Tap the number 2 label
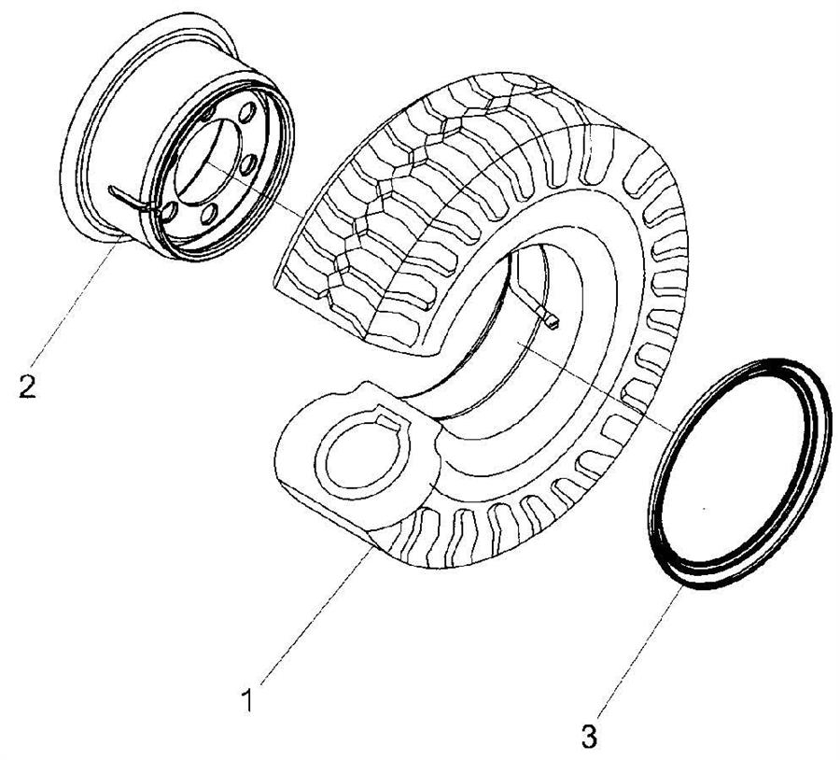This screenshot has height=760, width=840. pyautogui.click(x=28, y=386)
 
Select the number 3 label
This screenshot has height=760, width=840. pyautogui.click(x=589, y=736)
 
